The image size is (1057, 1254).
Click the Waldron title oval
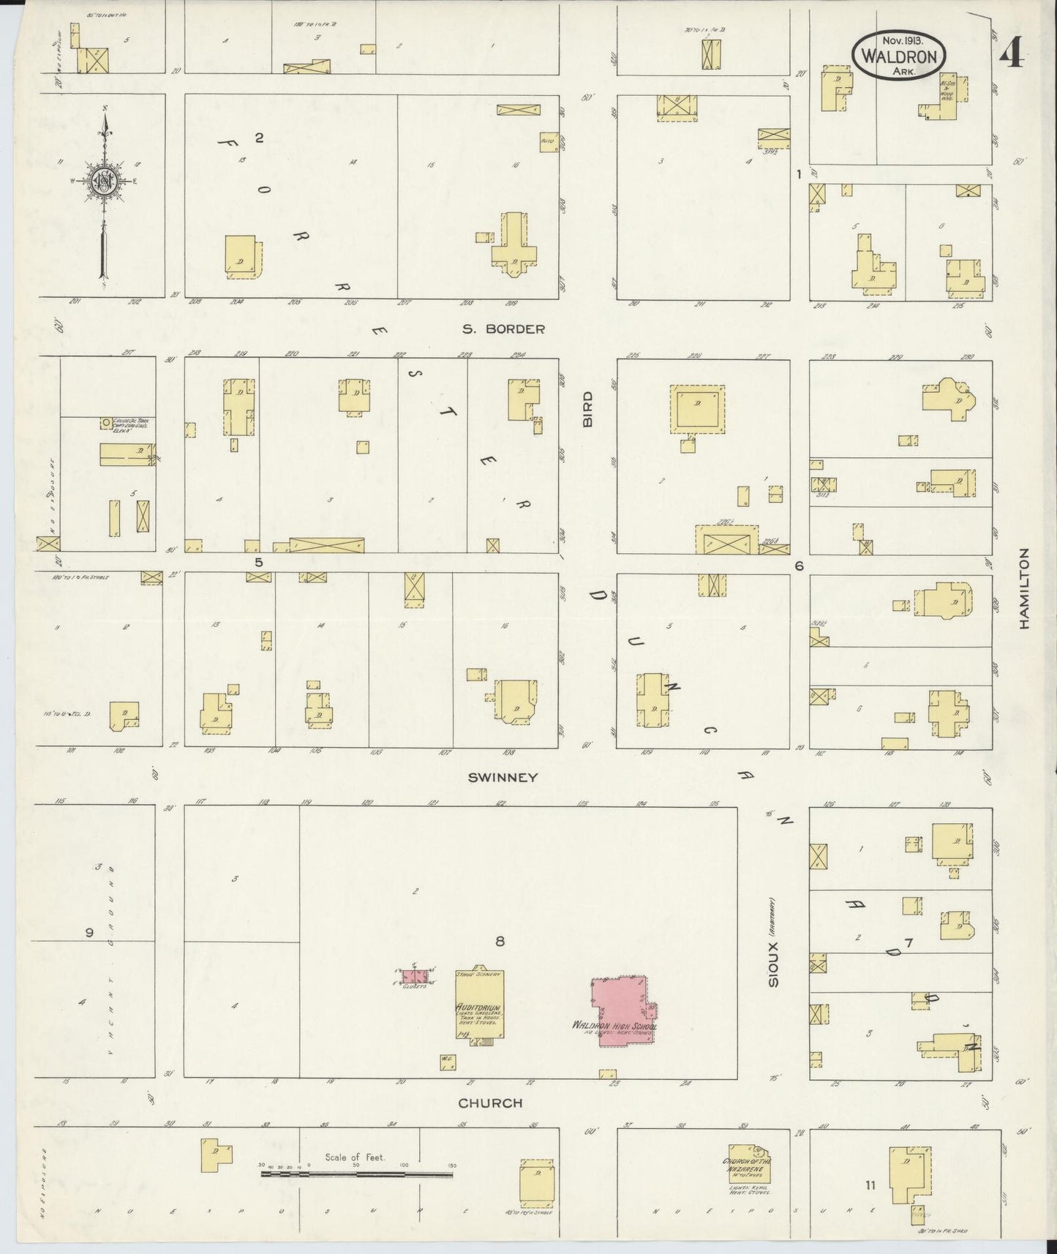coord(898,55)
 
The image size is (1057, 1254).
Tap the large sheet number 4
coord(1011,53)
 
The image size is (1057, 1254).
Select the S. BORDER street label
coord(503,329)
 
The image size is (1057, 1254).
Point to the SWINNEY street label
coord(503,778)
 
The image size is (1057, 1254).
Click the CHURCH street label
coord(490,1103)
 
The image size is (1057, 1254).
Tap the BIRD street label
coord(587,408)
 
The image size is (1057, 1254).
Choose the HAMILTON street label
coord(1024,588)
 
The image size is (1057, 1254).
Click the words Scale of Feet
coord(355,1158)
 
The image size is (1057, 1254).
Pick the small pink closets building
coord(413,976)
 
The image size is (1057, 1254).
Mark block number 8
coord(500,942)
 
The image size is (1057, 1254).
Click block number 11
coord(870,1185)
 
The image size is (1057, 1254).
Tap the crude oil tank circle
coord(107,423)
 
